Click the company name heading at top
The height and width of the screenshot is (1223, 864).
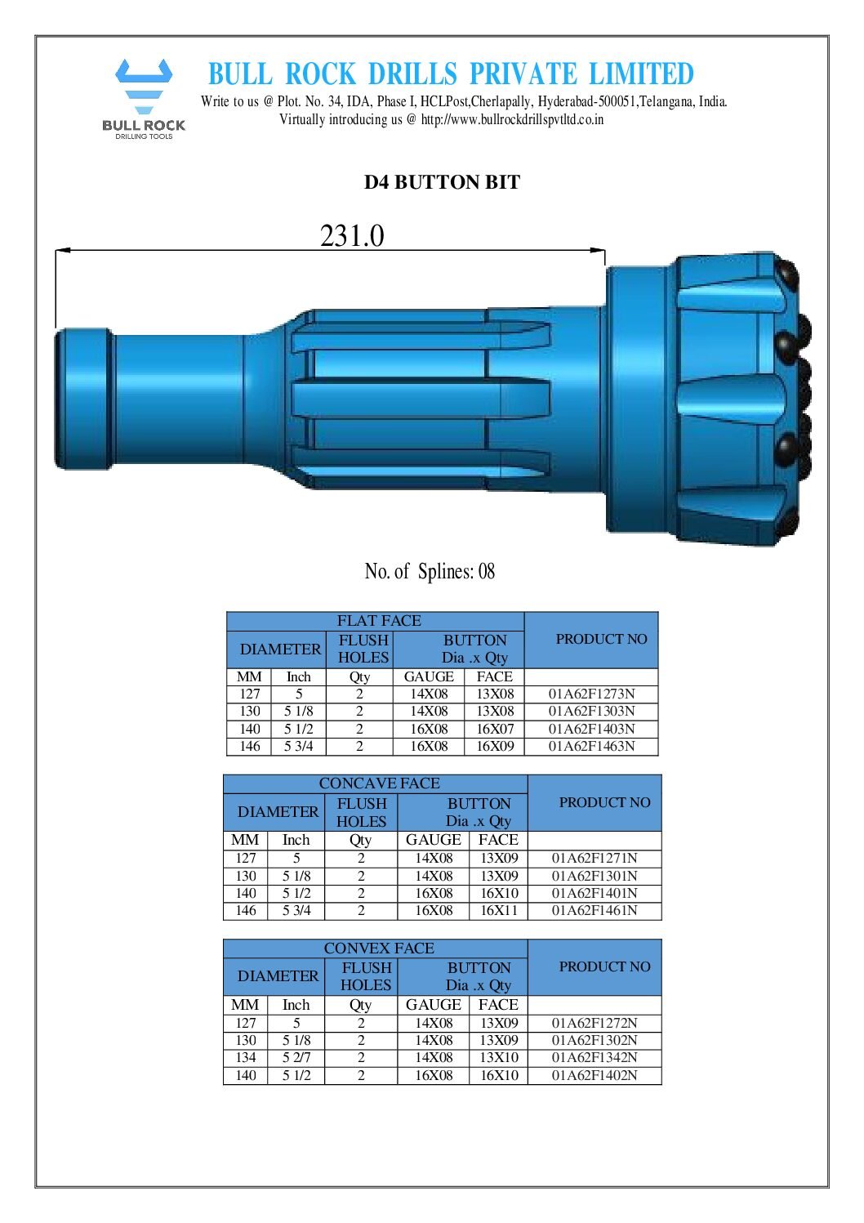click(x=450, y=74)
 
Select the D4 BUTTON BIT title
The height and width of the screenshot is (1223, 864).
click(x=442, y=182)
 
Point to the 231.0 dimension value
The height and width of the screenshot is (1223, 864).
click(x=351, y=235)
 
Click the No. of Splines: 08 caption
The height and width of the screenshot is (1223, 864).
click(x=430, y=571)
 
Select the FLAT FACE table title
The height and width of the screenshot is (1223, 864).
click(x=378, y=621)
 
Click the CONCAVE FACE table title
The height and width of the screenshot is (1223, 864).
click(x=378, y=783)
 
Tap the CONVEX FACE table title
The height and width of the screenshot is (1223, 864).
click(x=378, y=948)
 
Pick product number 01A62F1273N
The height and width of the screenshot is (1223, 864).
click(x=591, y=694)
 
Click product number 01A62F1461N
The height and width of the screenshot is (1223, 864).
click(x=594, y=910)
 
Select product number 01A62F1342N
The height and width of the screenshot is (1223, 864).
click(x=594, y=1057)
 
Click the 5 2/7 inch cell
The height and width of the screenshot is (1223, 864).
click(x=296, y=1057)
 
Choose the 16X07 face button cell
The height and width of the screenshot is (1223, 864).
click(x=495, y=729)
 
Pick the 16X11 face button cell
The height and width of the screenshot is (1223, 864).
click(x=498, y=910)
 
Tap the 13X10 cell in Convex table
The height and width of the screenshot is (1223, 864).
click(x=498, y=1057)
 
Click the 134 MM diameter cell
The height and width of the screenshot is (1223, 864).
click(x=246, y=1057)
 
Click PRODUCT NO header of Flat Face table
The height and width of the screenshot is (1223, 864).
click(x=601, y=639)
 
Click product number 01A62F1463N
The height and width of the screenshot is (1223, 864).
click(x=591, y=746)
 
